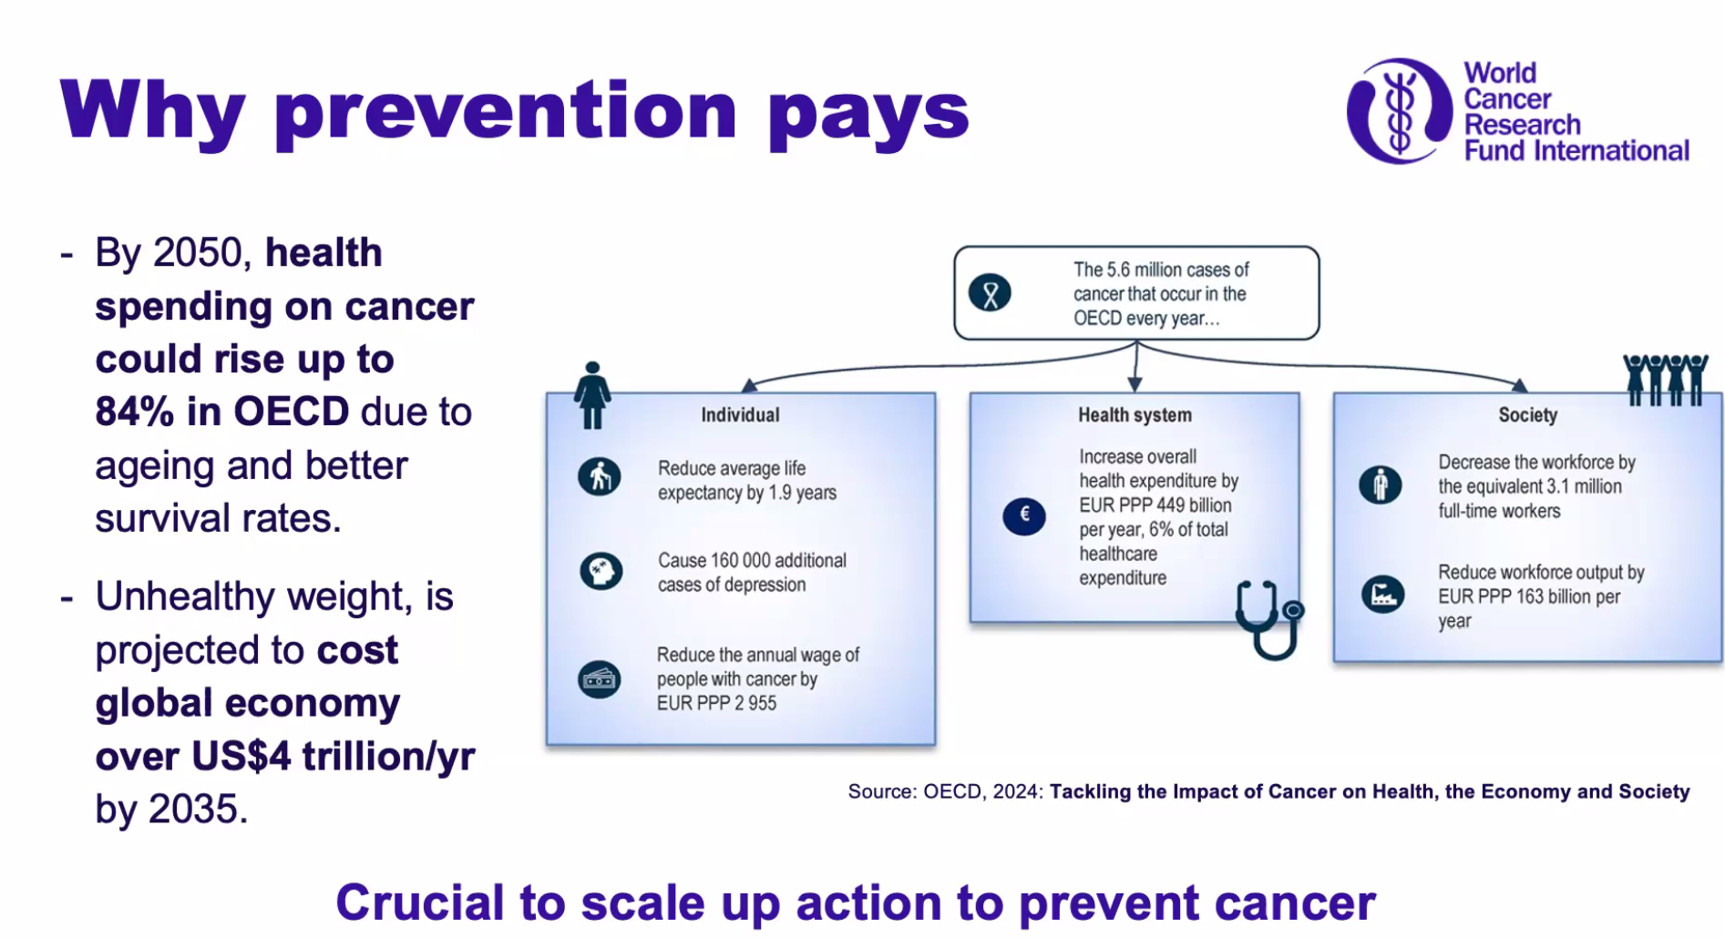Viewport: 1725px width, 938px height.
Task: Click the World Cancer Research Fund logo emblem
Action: pyautogui.click(x=1400, y=111)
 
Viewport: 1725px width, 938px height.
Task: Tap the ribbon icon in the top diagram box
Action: pyautogui.click(x=991, y=293)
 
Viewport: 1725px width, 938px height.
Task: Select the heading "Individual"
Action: pyautogui.click(x=740, y=415)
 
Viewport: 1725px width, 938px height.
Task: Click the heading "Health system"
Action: pyautogui.click(x=1135, y=415)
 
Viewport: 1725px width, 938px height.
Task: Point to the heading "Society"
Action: pyautogui.click(x=1528, y=415)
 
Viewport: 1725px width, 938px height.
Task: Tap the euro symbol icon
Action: pyautogui.click(x=1024, y=515)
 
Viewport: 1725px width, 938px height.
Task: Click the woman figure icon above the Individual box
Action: pyautogui.click(x=592, y=394)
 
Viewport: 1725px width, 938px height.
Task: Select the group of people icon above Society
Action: pyautogui.click(x=1666, y=380)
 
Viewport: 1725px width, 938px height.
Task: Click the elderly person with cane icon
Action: pyautogui.click(x=600, y=476)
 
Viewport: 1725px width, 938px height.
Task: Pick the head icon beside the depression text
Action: pyautogui.click(x=601, y=571)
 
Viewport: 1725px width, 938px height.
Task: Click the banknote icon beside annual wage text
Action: pyautogui.click(x=600, y=679)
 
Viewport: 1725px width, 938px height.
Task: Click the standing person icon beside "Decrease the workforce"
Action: pyautogui.click(x=1381, y=484)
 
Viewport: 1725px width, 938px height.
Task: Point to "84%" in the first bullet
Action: pyautogui.click(x=135, y=412)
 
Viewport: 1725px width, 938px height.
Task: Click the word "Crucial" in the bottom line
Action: pyautogui.click(x=419, y=902)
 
